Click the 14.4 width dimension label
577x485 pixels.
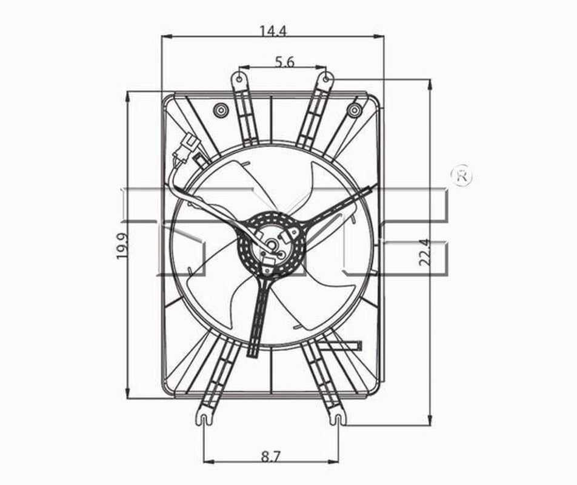pyautogui.click(x=273, y=30)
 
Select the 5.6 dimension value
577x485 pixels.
pyautogui.click(x=284, y=61)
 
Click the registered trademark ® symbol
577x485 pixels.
pyautogui.click(x=462, y=176)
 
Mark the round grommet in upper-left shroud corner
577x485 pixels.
pyautogui.click(x=219, y=110)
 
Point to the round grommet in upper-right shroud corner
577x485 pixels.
pyautogui.click(x=355, y=110)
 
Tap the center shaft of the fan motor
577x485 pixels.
pyautogui.click(x=272, y=246)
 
